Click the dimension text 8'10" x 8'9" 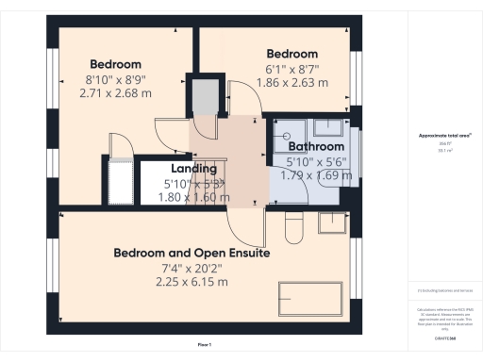click(116, 81)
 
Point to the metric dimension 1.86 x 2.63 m click(291, 82)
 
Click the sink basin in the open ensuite click(332, 222)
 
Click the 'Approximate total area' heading click(444, 136)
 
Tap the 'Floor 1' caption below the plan click(204, 346)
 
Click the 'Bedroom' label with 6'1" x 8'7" click(291, 54)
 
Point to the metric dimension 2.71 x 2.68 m click(116, 94)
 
